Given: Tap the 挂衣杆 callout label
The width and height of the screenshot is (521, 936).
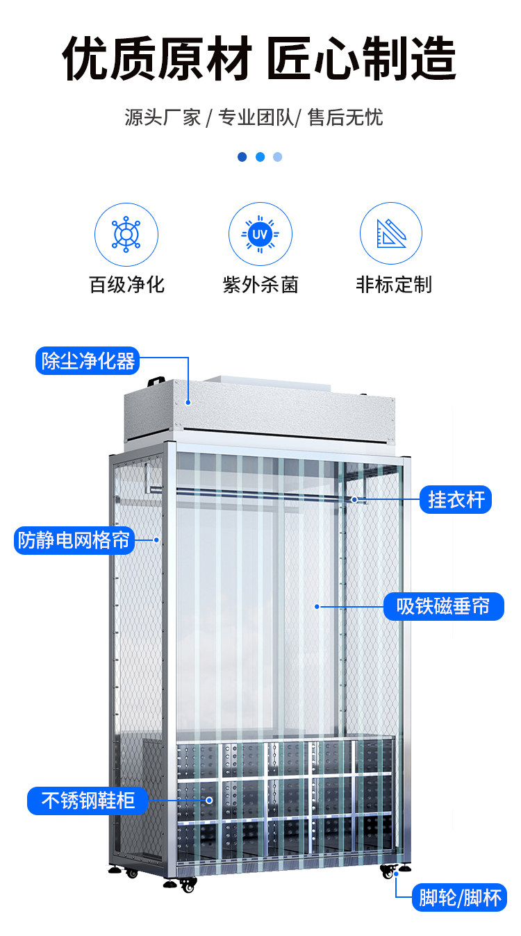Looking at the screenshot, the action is [x=456, y=499].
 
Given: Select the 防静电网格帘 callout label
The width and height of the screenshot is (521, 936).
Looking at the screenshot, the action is [x=74, y=540].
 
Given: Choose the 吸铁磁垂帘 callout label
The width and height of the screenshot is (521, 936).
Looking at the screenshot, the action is [x=444, y=606].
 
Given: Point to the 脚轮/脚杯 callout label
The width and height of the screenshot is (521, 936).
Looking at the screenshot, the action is [x=460, y=898].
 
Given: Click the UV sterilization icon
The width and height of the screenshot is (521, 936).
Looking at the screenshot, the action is [x=260, y=234].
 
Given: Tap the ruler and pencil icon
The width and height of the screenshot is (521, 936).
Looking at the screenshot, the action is [x=390, y=234].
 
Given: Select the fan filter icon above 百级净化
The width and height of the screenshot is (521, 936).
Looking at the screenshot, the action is [x=126, y=234].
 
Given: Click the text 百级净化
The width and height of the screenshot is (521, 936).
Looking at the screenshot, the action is [x=126, y=284].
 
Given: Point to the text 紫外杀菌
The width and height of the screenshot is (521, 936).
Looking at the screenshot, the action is [x=260, y=284].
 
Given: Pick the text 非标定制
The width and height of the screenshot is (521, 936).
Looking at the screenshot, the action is [x=393, y=284].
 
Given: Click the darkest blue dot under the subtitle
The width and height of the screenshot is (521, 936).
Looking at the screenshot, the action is [x=242, y=157].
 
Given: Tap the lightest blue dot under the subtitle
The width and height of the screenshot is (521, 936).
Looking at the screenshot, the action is [x=278, y=157].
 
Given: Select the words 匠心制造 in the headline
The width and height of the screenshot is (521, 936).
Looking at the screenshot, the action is [x=361, y=59].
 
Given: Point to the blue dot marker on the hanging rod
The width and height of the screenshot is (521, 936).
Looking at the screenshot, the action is [x=354, y=499].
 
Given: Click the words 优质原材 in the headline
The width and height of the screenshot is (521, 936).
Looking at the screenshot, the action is [x=156, y=59].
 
